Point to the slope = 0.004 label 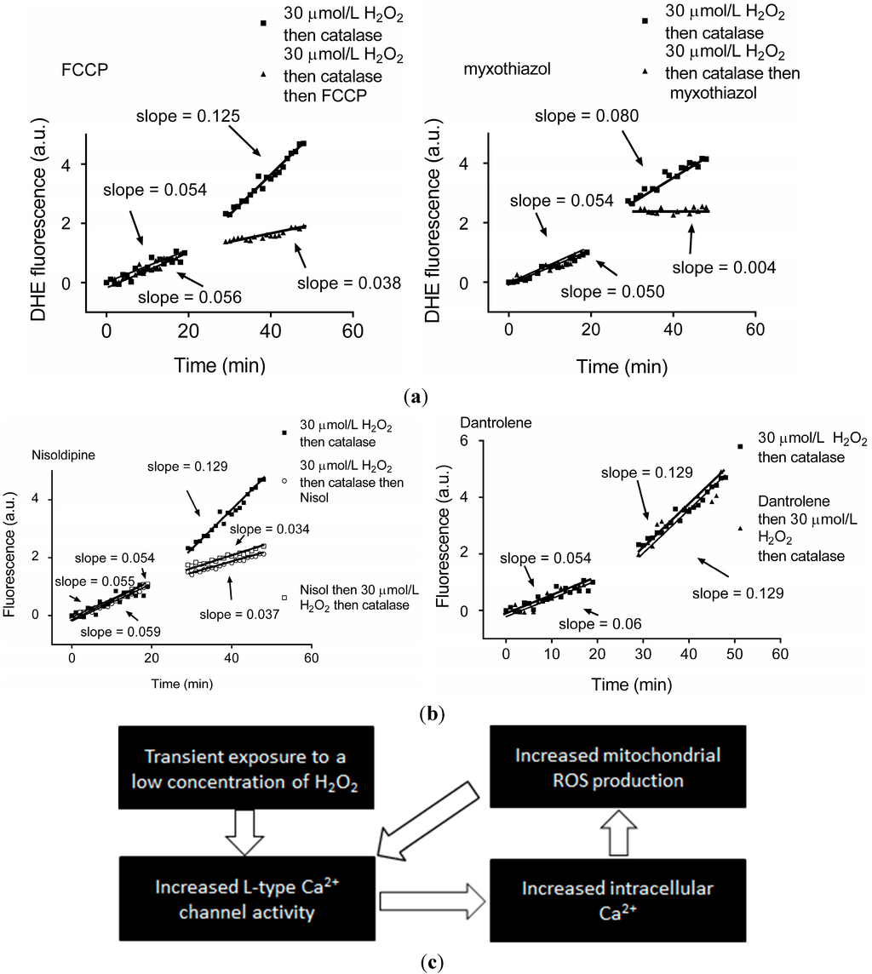click(x=724, y=268)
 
